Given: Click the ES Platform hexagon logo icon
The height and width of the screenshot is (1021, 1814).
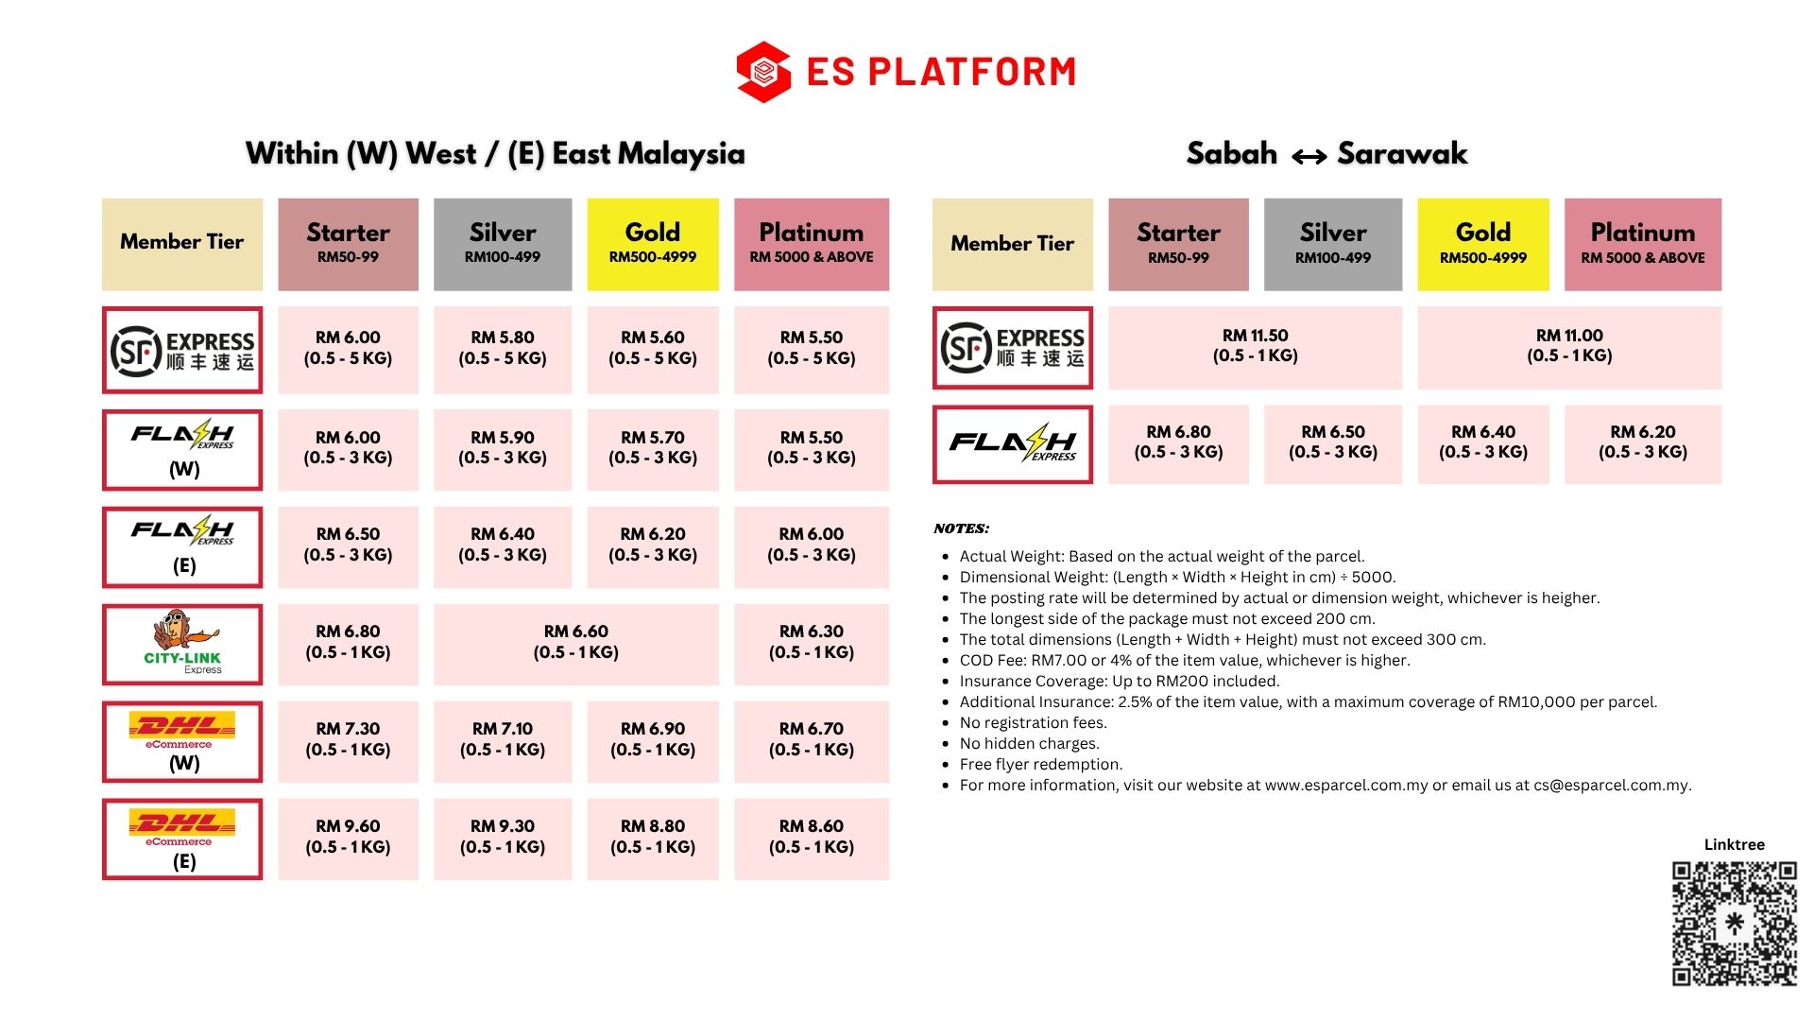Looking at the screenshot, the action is [x=763, y=72].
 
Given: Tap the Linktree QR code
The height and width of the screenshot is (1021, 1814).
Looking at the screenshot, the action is [x=1735, y=924].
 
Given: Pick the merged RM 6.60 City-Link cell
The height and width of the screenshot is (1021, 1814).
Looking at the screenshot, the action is [x=576, y=644].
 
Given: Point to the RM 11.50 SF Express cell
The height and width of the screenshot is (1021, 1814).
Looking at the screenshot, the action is [x=1255, y=347].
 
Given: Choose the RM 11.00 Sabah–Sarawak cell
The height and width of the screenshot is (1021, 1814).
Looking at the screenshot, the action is [x=1569, y=347].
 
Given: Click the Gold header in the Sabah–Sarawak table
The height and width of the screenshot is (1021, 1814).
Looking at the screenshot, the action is [x=1483, y=244].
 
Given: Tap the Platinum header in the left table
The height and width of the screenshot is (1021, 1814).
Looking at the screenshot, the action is [x=812, y=244].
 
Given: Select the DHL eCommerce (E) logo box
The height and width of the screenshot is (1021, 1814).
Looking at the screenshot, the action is [x=182, y=839].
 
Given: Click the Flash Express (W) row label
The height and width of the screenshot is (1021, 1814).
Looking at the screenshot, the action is [x=182, y=450].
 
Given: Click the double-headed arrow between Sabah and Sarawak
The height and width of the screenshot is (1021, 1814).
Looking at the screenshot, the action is [x=1309, y=157].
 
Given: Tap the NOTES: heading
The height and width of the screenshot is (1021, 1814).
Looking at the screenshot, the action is [x=961, y=528].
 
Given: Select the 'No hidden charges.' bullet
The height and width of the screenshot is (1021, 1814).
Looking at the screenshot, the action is [x=1029, y=743].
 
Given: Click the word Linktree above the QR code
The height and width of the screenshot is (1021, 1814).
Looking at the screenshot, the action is [x=1734, y=844].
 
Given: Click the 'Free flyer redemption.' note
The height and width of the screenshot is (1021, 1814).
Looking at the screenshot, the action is [x=1040, y=764].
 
